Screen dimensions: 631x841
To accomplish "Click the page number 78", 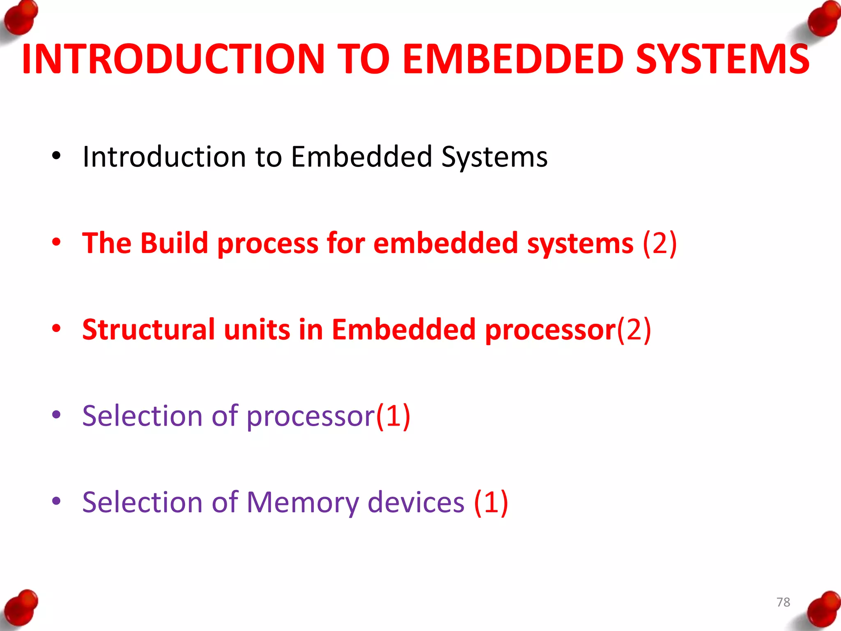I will click(783, 602).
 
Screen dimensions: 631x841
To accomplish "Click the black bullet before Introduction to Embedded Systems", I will click(56, 156).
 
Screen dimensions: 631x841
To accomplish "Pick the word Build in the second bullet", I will click(174, 243).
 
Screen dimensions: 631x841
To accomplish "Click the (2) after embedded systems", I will click(659, 243).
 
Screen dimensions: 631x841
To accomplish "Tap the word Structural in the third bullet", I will click(148, 329).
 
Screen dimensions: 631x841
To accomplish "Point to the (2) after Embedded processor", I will click(634, 329).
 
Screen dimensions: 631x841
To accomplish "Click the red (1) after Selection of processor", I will click(393, 416).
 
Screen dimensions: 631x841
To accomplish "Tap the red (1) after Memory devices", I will click(491, 502).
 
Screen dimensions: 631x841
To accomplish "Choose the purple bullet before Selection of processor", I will click(56, 415).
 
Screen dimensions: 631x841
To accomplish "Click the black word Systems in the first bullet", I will click(494, 157).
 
